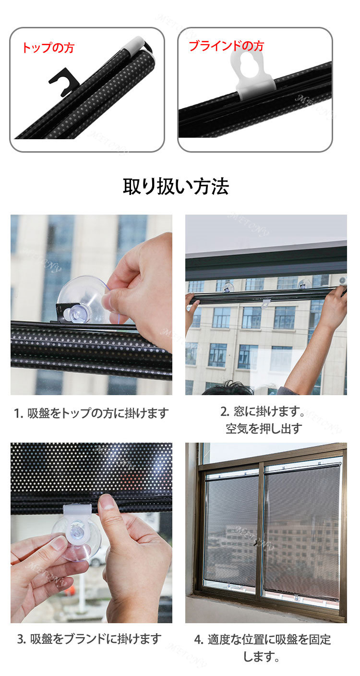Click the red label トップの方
[x=48, y=48]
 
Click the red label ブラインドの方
[x=227, y=46]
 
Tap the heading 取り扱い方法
[x=176, y=186]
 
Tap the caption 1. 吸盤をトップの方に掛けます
[x=91, y=413]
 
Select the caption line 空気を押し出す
[x=264, y=428]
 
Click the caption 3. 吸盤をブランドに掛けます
[x=89, y=639]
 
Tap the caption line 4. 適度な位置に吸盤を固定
[x=263, y=639]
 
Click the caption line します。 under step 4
[x=261, y=656]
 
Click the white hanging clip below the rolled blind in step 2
[x=266, y=303]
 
